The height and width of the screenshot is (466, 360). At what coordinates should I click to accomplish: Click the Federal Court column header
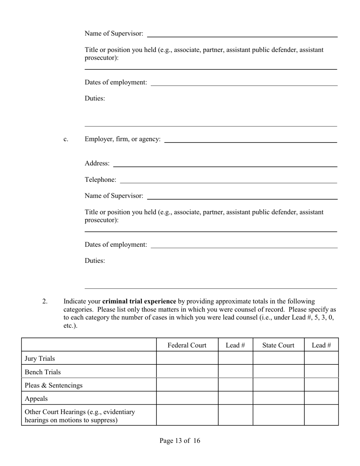(x=187, y=345)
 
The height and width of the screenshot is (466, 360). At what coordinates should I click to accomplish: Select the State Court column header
(x=278, y=345)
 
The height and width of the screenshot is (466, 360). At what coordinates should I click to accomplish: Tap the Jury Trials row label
(x=40, y=358)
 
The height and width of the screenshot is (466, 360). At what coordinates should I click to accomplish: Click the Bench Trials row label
(x=43, y=372)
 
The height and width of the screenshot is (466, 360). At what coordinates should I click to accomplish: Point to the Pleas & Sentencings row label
(x=53, y=385)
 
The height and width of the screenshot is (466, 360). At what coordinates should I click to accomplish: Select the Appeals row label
(x=36, y=399)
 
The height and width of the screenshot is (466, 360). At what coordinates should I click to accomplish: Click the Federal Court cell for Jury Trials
(x=187, y=358)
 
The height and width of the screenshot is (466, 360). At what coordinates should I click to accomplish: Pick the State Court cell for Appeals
(x=278, y=398)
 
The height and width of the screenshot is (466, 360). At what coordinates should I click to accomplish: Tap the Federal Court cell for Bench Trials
(x=187, y=371)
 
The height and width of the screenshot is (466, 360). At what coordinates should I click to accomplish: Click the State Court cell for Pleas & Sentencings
(x=278, y=385)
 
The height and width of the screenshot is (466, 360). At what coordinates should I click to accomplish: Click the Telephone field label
(x=100, y=180)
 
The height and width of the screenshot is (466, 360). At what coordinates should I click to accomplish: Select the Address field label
(x=97, y=163)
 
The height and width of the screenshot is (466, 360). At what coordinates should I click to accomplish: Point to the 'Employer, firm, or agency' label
(x=122, y=139)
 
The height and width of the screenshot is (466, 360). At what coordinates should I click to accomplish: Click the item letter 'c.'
(x=66, y=139)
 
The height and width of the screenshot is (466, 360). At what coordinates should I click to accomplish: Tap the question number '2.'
(x=45, y=301)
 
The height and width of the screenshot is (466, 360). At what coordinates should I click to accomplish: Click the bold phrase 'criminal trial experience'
(x=139, y=301)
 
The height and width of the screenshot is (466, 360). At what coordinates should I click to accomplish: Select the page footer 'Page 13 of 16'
(x=180, y=441)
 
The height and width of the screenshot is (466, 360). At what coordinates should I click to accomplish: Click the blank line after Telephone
(x=228, y=182)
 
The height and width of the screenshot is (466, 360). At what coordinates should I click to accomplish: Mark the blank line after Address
(x=225, y=166)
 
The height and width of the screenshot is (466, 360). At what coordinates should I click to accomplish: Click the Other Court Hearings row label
(x=80, y=416)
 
